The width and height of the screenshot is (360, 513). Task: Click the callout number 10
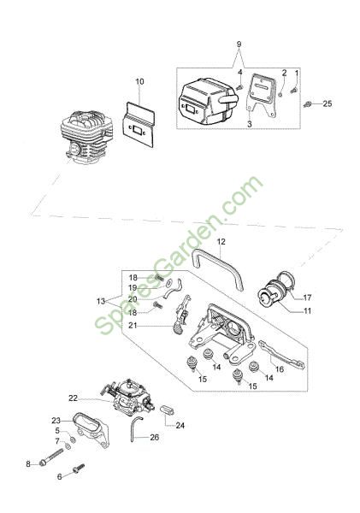point(139,81)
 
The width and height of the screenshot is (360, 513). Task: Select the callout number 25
point(328,103)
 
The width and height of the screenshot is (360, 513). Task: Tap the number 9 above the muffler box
point(239,44)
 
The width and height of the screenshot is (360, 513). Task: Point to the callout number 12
point(221,242)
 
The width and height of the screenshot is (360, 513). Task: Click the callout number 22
point(73,398)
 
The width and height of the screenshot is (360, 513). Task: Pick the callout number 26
point(155,437)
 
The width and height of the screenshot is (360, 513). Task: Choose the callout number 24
point(180,425)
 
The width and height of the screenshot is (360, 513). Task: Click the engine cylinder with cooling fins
point(86,137)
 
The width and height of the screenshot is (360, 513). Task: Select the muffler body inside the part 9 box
point(207,101)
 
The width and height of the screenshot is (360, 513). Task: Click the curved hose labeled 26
point(135,428)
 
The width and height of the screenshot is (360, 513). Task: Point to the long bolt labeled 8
point(51,456)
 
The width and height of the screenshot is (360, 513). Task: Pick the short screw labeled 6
point(79,469)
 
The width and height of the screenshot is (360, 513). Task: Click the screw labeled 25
point(307,104)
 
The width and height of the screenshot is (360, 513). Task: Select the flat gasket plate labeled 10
point(139,124)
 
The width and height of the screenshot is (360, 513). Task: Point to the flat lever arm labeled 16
point(281,355)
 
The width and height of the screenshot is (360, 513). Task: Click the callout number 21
point(133,326)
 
